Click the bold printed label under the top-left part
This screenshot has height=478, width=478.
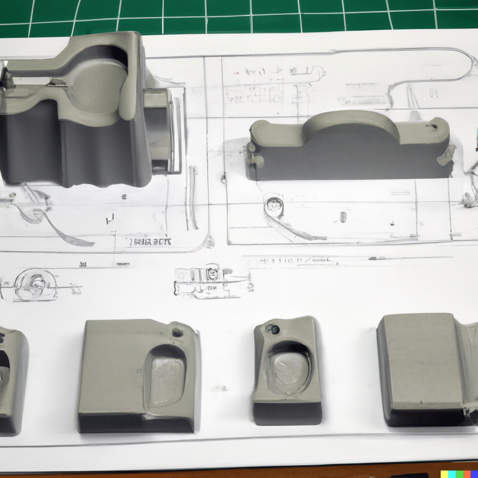[x=148, y=241]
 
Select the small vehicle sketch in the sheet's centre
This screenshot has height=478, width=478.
[x=210, y=281]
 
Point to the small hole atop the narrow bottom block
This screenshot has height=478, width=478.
[x=274, y=329]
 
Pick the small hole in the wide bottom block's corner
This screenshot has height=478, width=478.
[x=177, y=332]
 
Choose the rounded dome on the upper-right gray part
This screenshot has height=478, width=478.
[x=351, y=122]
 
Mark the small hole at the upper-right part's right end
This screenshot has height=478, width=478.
[x=434, y=126]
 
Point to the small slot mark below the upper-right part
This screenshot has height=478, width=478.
[x=343, y=217]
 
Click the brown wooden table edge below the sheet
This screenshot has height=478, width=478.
[x=233, y=475]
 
